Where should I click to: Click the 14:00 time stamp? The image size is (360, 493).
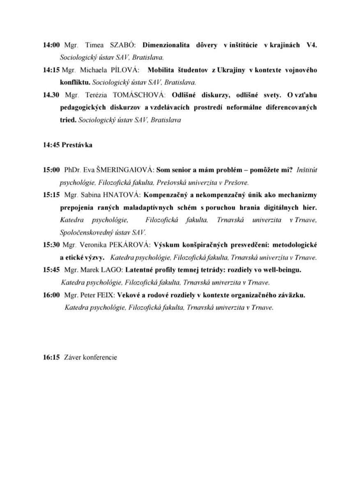pos(51,45)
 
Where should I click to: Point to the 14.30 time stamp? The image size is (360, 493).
pos(51,95)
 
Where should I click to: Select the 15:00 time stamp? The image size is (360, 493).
pos(51,170)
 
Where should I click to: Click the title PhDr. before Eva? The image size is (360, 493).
pos(72,170)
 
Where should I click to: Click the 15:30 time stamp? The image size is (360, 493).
pos(51,245)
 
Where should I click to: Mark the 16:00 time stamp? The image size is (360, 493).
pos(51,295)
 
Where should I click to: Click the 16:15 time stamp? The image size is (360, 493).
pos(51,357)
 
